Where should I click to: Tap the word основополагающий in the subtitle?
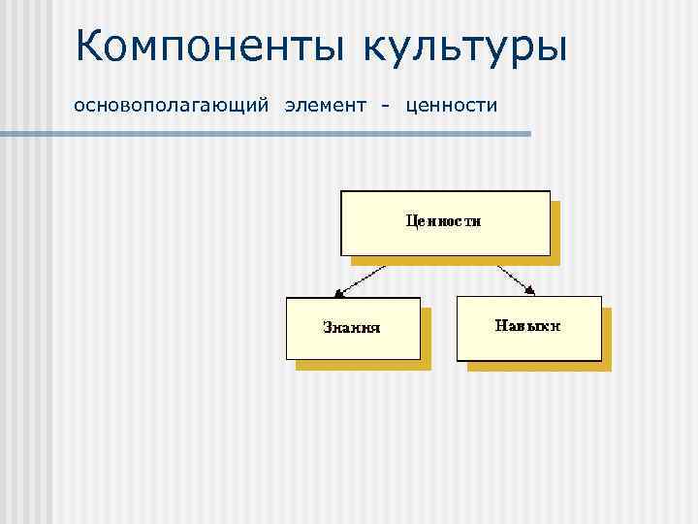pyautogui.click(x=171, y=105)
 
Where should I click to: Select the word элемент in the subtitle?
pyautogui.click(x=326, y=105)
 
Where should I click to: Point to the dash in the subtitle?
pyautogui.click(x=386, y=105)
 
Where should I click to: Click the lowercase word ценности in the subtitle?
pyautogui.click(x=452, y=105)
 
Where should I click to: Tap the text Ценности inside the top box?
pyautogui.click(x=443, y=220)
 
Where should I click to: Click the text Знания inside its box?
pyautogui.click(x=351, y=327)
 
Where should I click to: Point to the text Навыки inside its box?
pyautogui.click(x=528, y=325)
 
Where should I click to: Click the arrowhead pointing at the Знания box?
pyautogui.click(x=335, y=292)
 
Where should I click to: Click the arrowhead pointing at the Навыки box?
pyautogui.click(x=530, y=290)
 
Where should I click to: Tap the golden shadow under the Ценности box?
pyautogui.click(x=456, y=260)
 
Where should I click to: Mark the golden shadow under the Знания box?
pyautogui.click(x=365, y=366)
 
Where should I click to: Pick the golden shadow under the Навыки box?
pyautogui.click(x=539, y=366)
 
